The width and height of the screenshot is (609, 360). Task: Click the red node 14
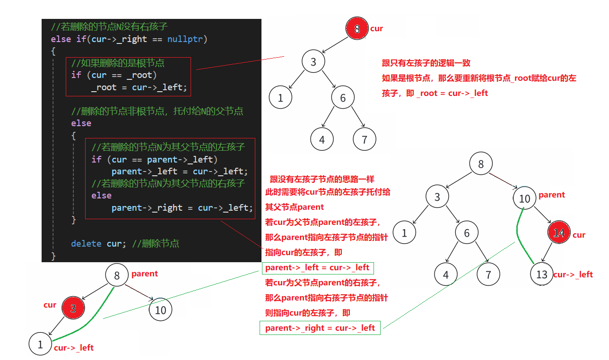pos(559,233)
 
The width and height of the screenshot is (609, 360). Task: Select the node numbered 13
pos(542,274)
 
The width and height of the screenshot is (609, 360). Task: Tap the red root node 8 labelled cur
pos(357,29)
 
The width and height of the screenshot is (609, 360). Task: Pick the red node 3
pos(73,309)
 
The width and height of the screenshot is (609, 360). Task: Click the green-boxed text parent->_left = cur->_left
pos(317,268)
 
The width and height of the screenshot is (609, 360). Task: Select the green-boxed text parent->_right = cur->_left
pos(320,328)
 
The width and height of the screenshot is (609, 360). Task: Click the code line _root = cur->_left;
pos(139,87)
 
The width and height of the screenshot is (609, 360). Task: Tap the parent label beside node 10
pos(552,195)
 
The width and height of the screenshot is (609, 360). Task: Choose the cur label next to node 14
pos(579,235)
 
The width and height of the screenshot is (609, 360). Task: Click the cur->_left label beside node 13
pos(573,274)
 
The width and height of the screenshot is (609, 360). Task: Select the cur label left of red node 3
pos(50,305)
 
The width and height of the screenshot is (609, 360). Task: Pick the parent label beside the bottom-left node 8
pos(145,274)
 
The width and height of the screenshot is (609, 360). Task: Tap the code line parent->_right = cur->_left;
pos(182,208)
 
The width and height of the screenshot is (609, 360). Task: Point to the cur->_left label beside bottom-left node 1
pos(74,348)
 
